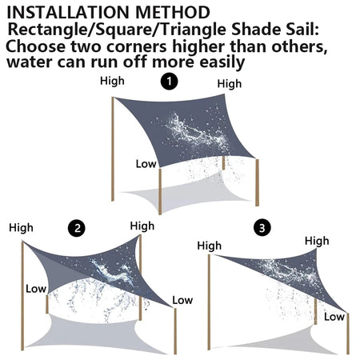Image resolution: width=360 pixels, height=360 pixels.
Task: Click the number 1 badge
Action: tap(169, 82)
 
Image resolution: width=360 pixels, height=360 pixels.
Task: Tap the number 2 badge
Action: tap(78, 228)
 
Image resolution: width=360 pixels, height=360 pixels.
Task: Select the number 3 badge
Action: tap(262, 229)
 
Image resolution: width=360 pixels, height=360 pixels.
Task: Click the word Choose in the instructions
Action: tap(34, 46)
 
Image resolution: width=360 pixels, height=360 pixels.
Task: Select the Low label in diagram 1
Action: tap(145, 163)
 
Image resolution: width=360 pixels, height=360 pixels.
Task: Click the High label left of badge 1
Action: tap(113, 81)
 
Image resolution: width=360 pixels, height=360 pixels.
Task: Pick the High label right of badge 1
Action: tap(229, 83)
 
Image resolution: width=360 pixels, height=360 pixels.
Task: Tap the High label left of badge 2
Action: tap(22, 228)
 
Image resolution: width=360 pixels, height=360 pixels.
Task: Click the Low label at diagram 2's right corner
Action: tap(182, 300)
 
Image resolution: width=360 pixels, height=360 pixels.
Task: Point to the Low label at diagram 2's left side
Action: tap(35, 288)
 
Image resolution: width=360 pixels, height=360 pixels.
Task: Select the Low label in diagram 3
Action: tap(334, 317)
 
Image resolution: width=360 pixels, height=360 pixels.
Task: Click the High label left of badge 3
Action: tap(209, 246)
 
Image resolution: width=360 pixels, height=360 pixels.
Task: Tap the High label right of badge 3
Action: tap(316, 241)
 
